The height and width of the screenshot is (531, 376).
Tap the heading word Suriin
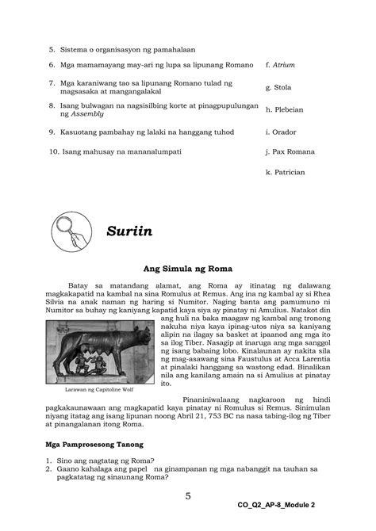(132, 232)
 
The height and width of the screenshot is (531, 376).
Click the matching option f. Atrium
(284, 64)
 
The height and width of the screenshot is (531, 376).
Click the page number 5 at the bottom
(188, 496)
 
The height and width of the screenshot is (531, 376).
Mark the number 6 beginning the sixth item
(50, 64)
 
